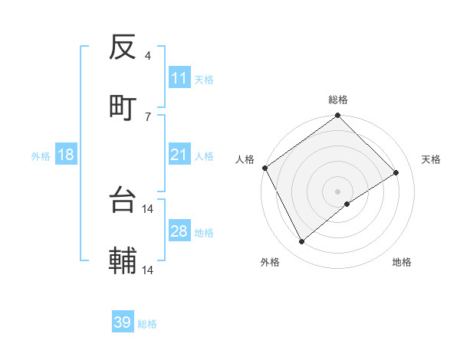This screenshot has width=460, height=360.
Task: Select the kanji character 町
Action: (123, 107)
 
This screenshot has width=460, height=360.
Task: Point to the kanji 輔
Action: (123, 261)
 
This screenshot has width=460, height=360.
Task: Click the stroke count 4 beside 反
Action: (148, 56)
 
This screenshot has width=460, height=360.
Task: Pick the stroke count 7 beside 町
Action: (148, 116)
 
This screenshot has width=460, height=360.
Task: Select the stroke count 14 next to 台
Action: (148, 208)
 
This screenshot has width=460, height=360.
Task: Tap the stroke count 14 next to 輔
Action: (148, 270)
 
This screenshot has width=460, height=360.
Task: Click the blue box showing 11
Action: (179, 78)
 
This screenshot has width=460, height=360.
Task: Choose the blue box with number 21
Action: (179, 155)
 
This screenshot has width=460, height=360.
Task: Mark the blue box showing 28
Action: (179, 231)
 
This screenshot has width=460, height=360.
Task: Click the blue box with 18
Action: (66, 155)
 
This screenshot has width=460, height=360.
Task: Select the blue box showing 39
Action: (123, 322)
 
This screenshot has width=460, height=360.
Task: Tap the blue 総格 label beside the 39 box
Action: (148, 324)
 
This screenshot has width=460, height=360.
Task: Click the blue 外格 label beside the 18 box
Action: (41, 155)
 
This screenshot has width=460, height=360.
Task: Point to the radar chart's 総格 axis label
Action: (338, 100)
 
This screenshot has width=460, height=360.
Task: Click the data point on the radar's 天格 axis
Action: (396, 173)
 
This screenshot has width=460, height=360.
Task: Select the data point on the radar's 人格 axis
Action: (264, 168)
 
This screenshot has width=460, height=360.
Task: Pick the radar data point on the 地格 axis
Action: (347, 204)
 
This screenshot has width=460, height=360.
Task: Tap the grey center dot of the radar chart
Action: (338, 191)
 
